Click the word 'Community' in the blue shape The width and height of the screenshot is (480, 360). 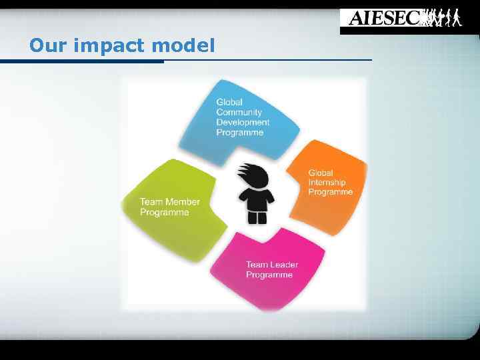point(239,112)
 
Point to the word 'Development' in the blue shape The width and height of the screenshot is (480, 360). point(243,122)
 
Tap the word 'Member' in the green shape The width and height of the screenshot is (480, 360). point(183,202)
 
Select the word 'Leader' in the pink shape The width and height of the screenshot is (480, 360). point(284,265)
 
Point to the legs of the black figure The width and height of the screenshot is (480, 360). point(257,217)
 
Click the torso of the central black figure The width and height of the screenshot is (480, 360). point(257,199)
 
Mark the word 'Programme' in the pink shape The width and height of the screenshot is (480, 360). point(269,275)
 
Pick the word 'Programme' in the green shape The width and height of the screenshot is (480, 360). point(164,213)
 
